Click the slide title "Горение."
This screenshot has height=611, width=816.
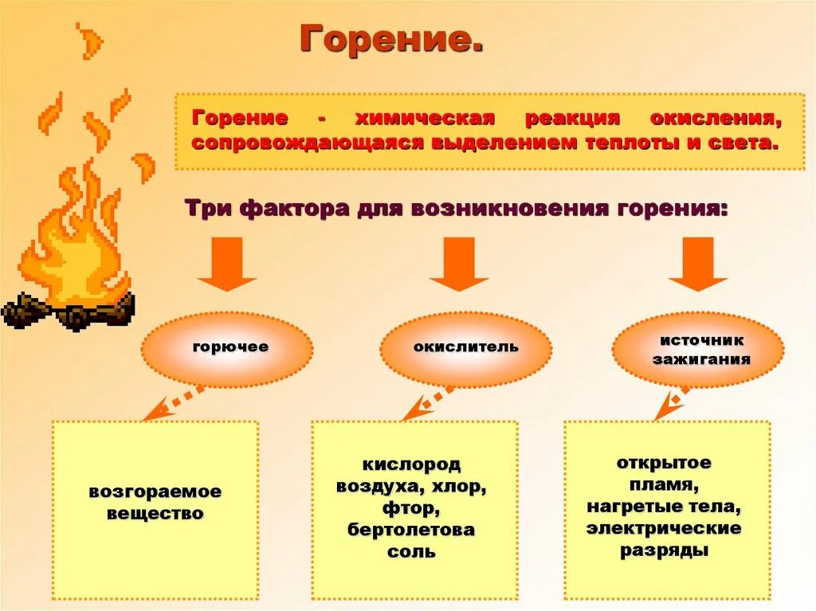(391, 37)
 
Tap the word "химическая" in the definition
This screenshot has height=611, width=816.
(425, 118)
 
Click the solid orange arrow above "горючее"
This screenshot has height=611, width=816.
(227, 264)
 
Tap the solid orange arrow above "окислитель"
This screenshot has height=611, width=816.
(458, 264)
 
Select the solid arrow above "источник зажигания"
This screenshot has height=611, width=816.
(697, 264)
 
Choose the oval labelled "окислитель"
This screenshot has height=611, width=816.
(465, 349)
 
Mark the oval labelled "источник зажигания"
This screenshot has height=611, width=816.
(698, 349)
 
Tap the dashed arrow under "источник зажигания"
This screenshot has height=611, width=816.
(671, 403)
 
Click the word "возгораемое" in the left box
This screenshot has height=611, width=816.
(155, 492)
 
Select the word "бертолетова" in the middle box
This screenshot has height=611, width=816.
(411, 530)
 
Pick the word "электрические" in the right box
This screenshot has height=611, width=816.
(664, 528)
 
